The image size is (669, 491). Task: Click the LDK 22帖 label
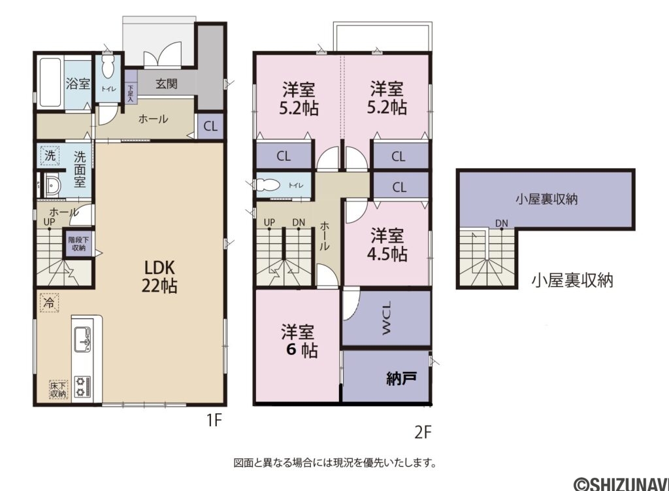click(160, 277)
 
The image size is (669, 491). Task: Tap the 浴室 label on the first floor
click(78, 84)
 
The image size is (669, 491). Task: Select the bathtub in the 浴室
click(50, 83)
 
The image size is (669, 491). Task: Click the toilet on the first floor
click(108, 69)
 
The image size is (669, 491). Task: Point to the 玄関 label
click(167, 84)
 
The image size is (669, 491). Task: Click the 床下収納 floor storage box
click(58, 388)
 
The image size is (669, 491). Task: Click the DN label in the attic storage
click(501, 224)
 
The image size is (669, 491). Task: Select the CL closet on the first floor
click(210, 127)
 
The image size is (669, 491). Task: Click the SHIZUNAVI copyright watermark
click(621, 483)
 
